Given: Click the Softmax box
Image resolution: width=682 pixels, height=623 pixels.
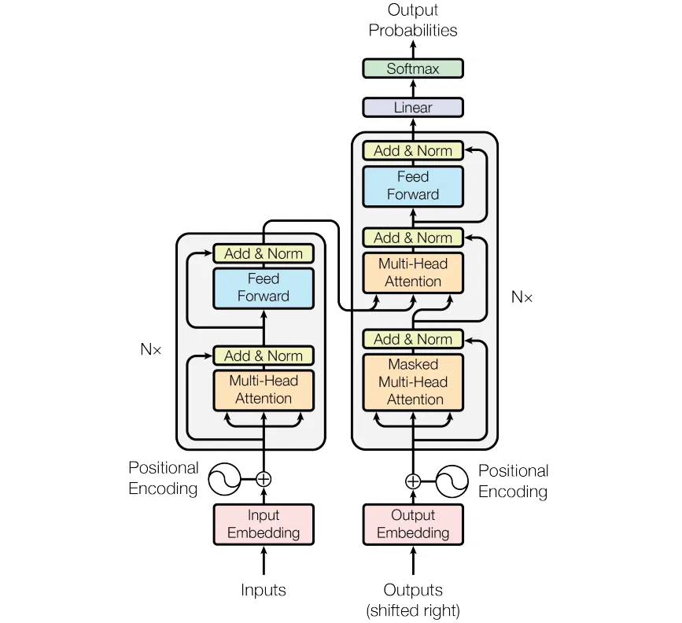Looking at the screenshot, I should pos(413,68).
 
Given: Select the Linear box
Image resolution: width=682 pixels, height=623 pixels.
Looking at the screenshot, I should pos(413,107).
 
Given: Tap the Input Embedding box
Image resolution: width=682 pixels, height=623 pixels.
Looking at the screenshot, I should pos(264,524).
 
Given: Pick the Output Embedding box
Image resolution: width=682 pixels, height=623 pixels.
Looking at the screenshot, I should pos(413,524).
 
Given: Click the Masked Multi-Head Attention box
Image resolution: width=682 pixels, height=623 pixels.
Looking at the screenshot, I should pos(413,382).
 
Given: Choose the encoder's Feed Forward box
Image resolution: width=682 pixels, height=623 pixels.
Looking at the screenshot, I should pos(264,287).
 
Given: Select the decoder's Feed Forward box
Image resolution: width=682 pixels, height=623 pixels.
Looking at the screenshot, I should pos(413,186).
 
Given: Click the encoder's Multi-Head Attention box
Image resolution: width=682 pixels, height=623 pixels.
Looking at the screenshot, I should pos(264,389).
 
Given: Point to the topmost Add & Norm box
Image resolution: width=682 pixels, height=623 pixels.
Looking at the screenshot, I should pos(413,150).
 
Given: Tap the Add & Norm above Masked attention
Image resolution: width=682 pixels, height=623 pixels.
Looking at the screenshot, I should pos(413,339).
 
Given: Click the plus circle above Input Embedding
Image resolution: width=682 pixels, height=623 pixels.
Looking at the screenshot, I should pos(264,477).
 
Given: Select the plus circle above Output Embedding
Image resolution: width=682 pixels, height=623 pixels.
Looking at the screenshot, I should pos(413,481).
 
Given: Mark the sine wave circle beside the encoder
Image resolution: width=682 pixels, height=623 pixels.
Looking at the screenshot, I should pos(223,477).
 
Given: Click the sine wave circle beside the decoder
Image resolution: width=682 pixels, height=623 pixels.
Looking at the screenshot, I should pos(453,481).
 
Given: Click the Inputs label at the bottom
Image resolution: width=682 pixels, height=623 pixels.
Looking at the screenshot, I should pos(264,590).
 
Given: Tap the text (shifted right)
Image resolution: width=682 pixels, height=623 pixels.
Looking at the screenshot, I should pos(413,610).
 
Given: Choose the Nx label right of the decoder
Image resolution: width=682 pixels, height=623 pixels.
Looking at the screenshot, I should pos(522,297).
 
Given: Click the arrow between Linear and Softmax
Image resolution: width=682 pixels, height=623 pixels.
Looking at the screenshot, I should pos(413,87).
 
